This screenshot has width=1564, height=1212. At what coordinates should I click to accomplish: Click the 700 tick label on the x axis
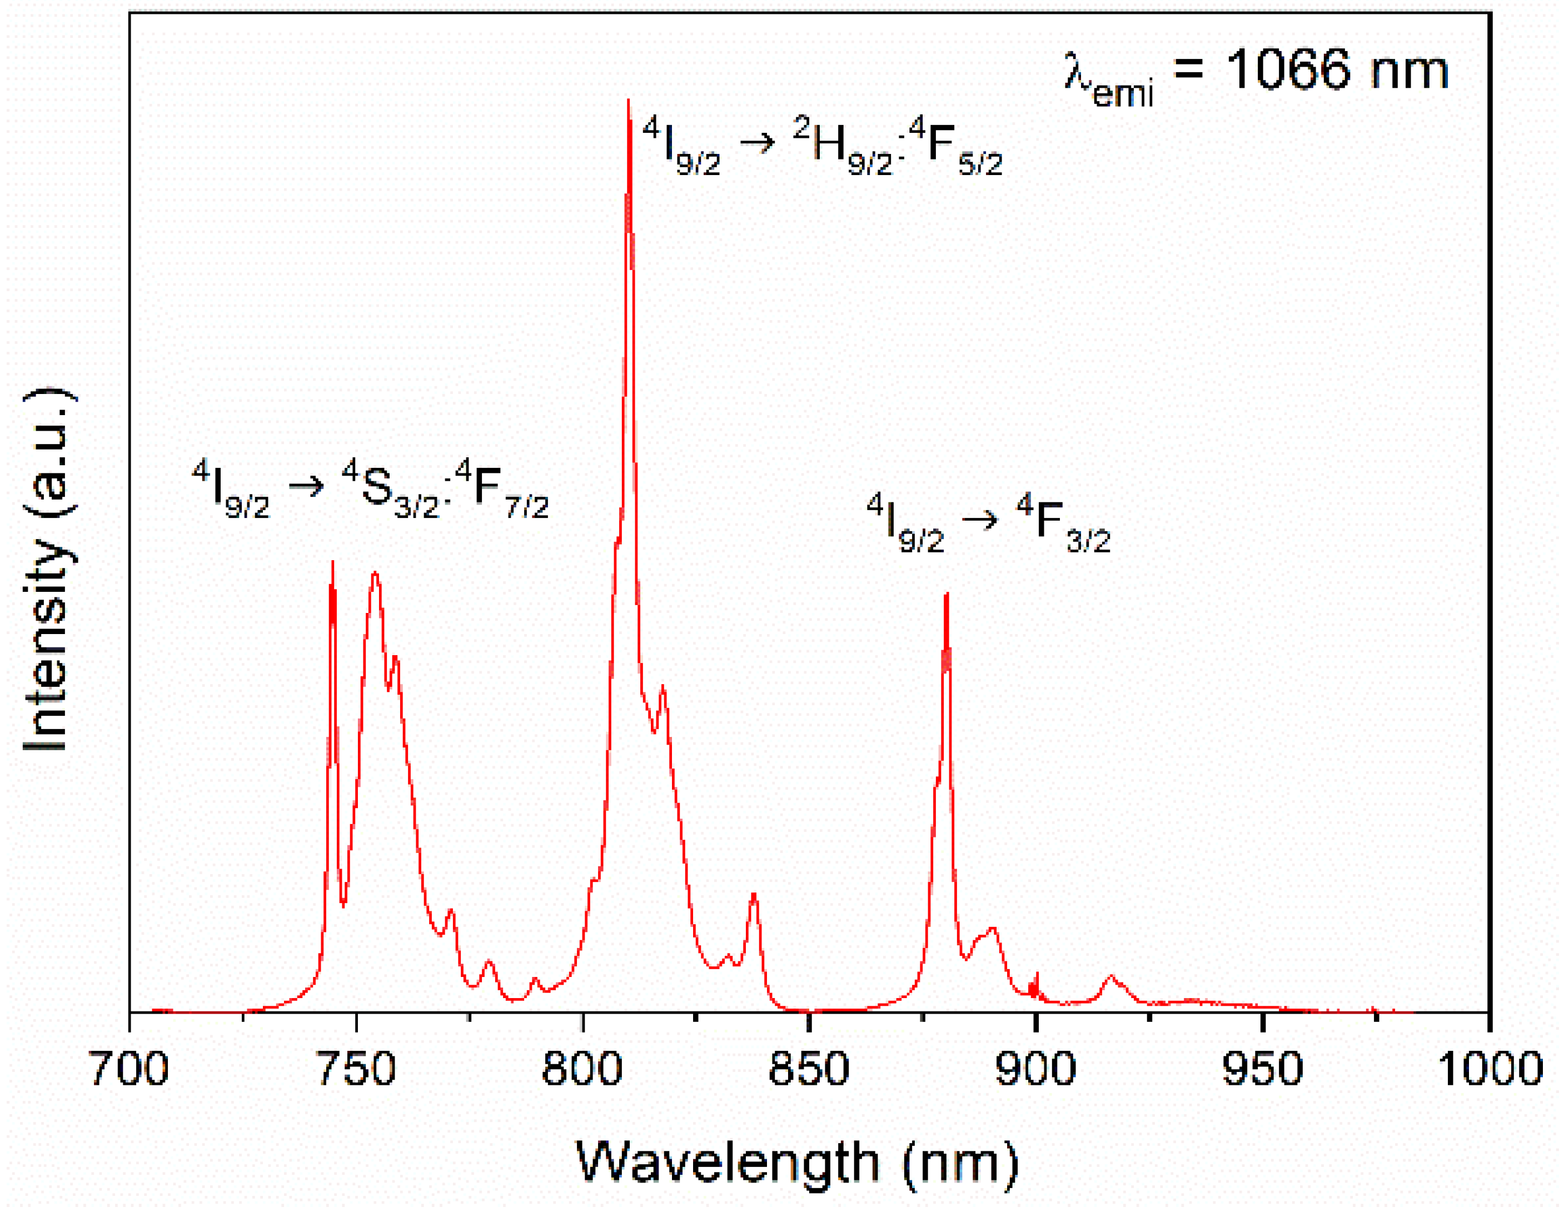(x=129, y=1069)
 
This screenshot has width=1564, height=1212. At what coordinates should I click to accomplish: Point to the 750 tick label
(x=356, y=1069)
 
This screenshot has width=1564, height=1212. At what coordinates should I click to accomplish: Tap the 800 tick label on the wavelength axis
(x=583, y=1069)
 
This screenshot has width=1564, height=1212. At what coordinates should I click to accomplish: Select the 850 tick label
(x=809, y=1069)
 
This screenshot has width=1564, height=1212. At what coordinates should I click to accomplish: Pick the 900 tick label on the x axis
(x=1035, y=1069)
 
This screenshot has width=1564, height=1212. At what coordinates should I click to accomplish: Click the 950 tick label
(x=1263, y=1069)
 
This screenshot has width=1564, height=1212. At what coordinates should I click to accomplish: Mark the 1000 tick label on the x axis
(x=1490, y=1069)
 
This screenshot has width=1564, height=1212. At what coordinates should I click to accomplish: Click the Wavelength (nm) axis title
(x=797, y=1163)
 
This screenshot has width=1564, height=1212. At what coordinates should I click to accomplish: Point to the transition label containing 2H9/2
(x=822, y=147)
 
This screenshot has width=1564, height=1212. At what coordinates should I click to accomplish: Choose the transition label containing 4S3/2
(x=370, y=490)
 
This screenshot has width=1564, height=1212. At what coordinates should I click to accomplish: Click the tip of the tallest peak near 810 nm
(x=628, y=100)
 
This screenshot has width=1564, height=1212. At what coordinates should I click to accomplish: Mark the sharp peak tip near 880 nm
(x=947, y=593)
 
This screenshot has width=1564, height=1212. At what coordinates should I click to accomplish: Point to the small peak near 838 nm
(x=753, y=894)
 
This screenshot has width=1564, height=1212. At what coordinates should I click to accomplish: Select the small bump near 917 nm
(x=1112, y=976)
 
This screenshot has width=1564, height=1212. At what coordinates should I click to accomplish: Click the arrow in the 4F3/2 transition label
(x=980, y=519)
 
